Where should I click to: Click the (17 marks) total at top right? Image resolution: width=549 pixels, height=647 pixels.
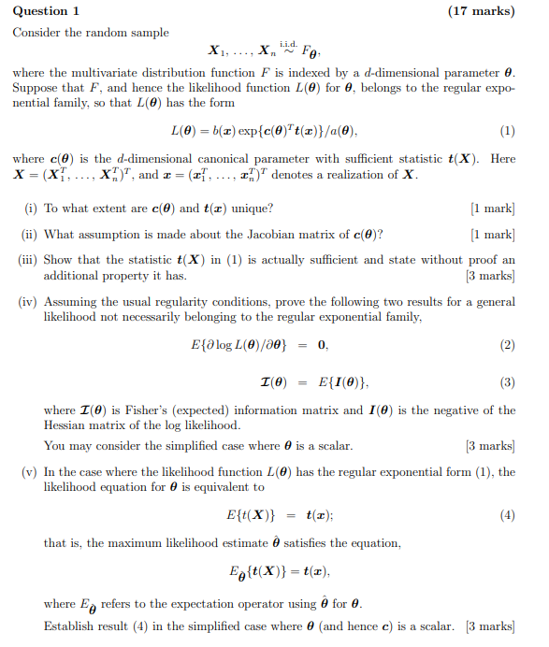click(482, 10)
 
